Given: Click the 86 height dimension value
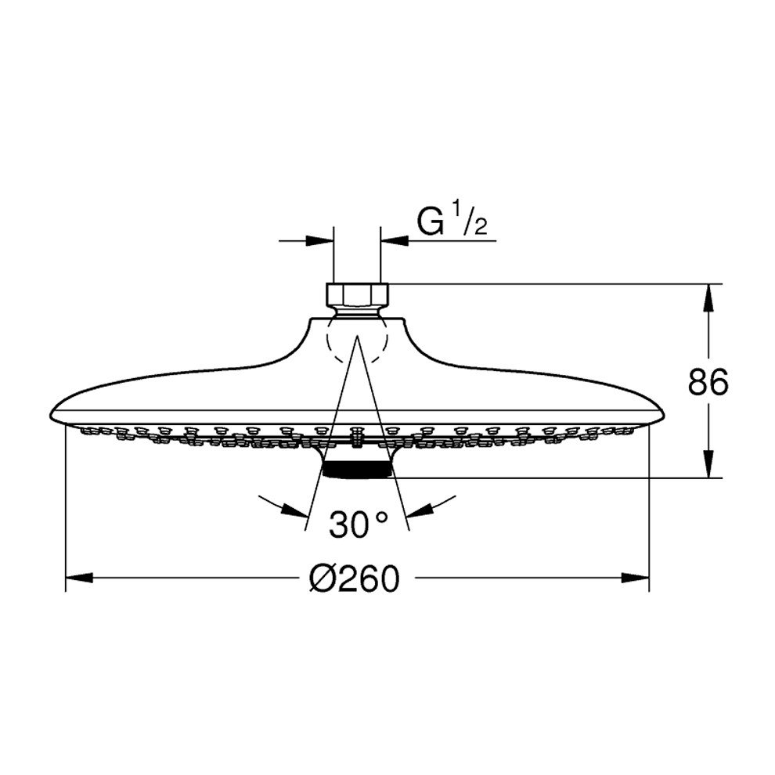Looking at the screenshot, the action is click(708, 381).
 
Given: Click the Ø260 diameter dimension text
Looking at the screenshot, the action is click(354, 579).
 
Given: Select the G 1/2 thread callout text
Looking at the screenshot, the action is click(452, 222).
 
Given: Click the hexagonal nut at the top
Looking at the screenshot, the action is click(357, 294).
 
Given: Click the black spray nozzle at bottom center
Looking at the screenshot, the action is click(357, 469).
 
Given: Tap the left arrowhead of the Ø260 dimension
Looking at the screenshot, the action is click(79, 577).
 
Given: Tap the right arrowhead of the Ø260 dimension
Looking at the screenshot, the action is click(635, 577).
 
